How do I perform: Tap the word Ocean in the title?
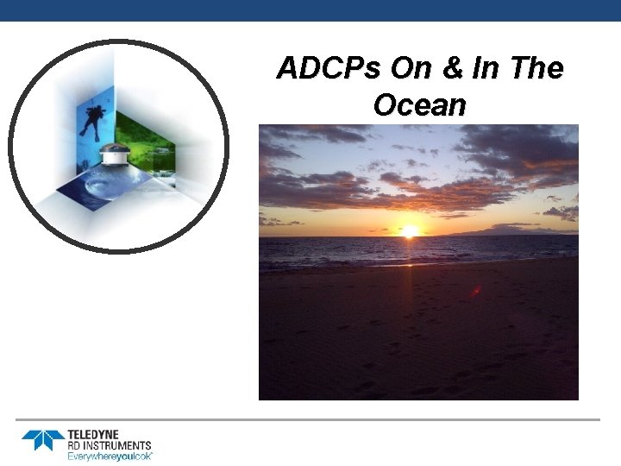point(419,104)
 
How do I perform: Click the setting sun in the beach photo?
point(410,230)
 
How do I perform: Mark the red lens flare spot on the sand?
point(475,291)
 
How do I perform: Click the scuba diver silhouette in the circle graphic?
point(91,119)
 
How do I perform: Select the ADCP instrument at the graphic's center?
point(115,159)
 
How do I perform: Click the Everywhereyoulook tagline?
point(110,455)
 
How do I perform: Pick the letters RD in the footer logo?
point(74,444)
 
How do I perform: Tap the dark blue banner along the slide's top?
point(310,10)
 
